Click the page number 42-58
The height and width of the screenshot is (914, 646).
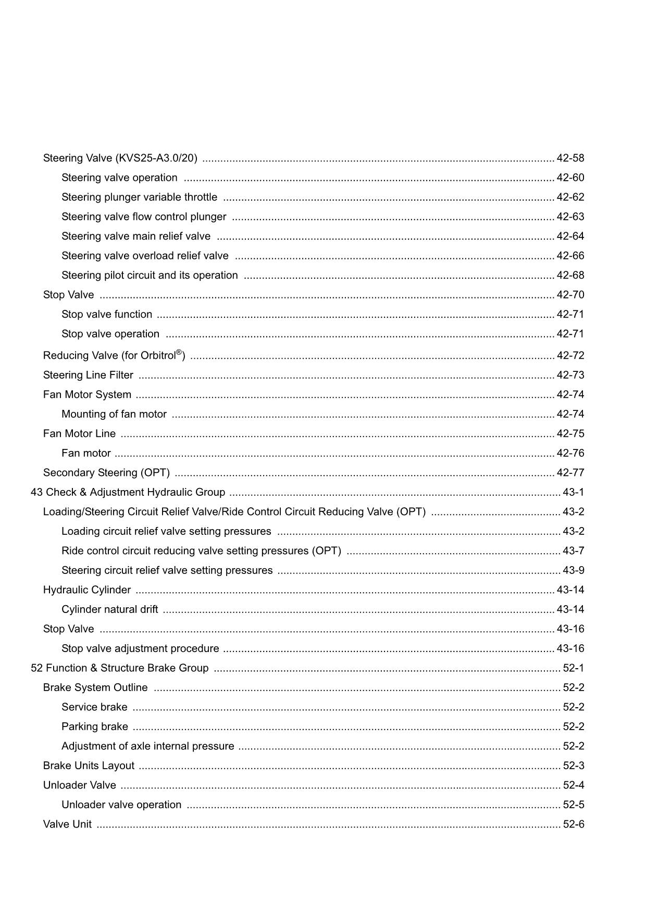coord(570,158)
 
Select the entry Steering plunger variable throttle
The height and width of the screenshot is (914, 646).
coord(139,197)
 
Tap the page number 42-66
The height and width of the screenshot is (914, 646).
coord(570,256)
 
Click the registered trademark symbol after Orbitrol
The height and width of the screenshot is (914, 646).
coord(179,353)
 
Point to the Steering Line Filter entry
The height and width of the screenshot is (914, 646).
coord(88,375)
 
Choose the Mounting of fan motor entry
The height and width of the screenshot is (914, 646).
coord(114,414)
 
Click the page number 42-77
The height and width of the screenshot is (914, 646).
coord(570,473)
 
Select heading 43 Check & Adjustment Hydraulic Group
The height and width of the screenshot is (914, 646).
coord(128,492)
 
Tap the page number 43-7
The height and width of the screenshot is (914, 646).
coord(573,551)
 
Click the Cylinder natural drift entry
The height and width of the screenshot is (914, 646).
coord(109,609)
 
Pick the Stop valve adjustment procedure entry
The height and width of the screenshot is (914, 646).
coord(140,648)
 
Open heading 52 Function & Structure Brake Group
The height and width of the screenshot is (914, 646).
coord(119,668)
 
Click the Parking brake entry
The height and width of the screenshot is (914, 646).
coord(94,727)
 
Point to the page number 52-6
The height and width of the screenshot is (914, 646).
coord(573,824)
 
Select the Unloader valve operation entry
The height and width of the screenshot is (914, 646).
coord(121,805)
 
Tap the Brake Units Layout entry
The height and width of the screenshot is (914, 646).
coord(89,766)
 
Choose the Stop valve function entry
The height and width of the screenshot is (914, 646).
coord(107,314)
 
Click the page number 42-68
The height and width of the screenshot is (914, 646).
coord(570,275)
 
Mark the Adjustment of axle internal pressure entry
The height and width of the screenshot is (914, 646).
coord(147,746)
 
